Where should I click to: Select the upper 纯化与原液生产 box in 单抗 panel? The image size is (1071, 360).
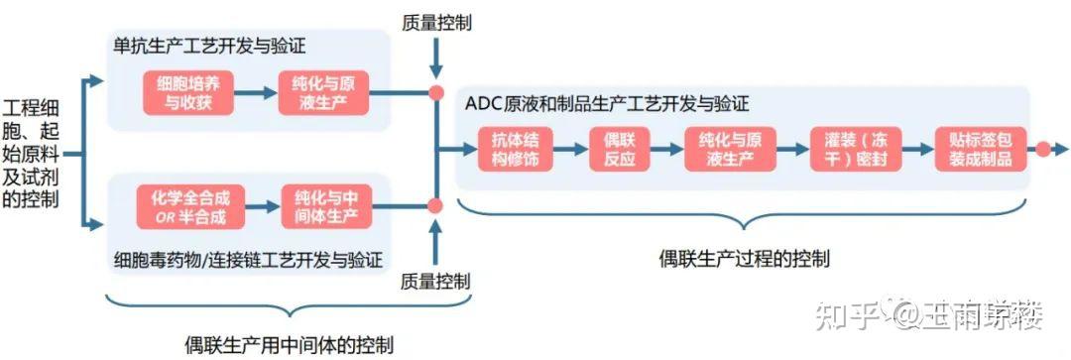coord(324,92)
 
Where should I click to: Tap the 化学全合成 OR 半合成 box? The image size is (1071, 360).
coord(188,206)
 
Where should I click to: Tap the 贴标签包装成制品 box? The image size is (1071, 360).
coord(979,150)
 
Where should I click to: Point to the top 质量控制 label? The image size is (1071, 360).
coord(436,21)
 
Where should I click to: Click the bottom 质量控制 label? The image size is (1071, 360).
coord(436,281)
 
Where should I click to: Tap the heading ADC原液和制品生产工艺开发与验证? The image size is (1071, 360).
coord(606,103)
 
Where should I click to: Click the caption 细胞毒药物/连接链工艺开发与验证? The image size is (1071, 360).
coord(248,260)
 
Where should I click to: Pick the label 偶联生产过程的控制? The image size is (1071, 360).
coord(745,258)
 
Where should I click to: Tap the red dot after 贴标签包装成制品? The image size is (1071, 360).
coord(1042,150)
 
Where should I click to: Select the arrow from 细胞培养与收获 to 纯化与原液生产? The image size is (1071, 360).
coord(255,92)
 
